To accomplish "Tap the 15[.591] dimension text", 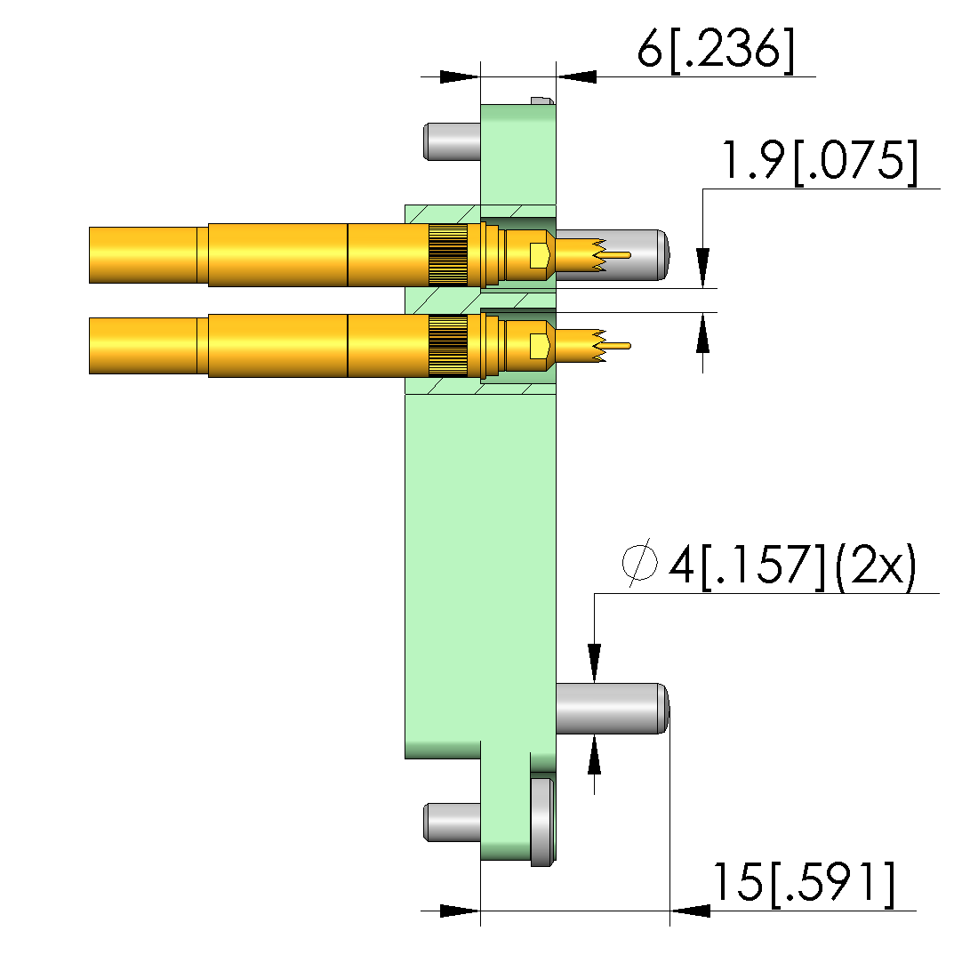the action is [803, 885].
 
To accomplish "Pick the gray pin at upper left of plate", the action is [452, 142].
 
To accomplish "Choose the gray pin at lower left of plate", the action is [452, 823].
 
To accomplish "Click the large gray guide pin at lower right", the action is [612, 708].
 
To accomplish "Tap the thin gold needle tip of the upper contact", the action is [616, 255].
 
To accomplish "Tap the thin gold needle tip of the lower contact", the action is [616, 346].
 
